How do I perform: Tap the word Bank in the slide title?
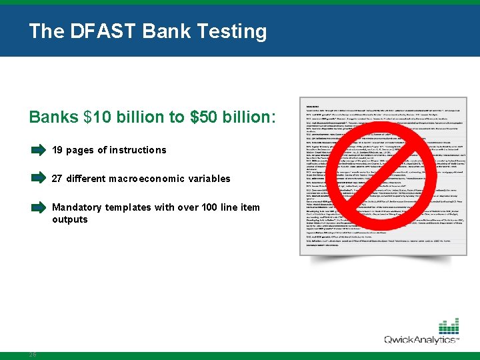162,31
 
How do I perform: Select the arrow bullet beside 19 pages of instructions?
38,150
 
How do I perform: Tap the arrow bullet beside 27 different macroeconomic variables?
38,178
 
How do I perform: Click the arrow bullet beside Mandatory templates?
38,207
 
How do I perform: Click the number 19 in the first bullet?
57,150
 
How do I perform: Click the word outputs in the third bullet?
70,219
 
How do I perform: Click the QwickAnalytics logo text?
421,340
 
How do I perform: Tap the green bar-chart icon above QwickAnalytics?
449,326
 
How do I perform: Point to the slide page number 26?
32,354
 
